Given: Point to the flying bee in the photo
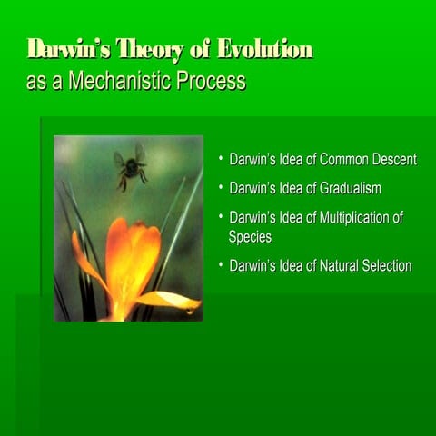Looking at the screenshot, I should pos(132,166).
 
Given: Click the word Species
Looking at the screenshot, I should pos(250,236).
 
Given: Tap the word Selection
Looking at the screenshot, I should pos(387,266).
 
